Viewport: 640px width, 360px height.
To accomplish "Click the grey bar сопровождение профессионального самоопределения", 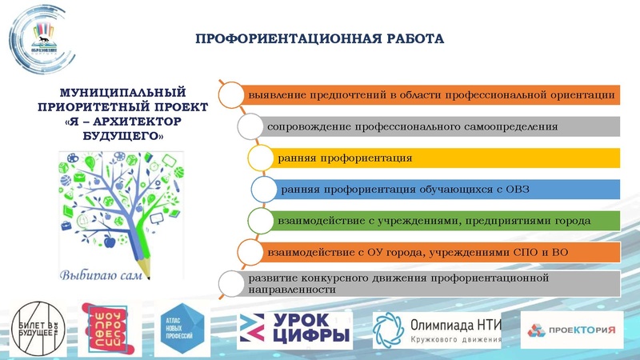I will coord(440,126).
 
